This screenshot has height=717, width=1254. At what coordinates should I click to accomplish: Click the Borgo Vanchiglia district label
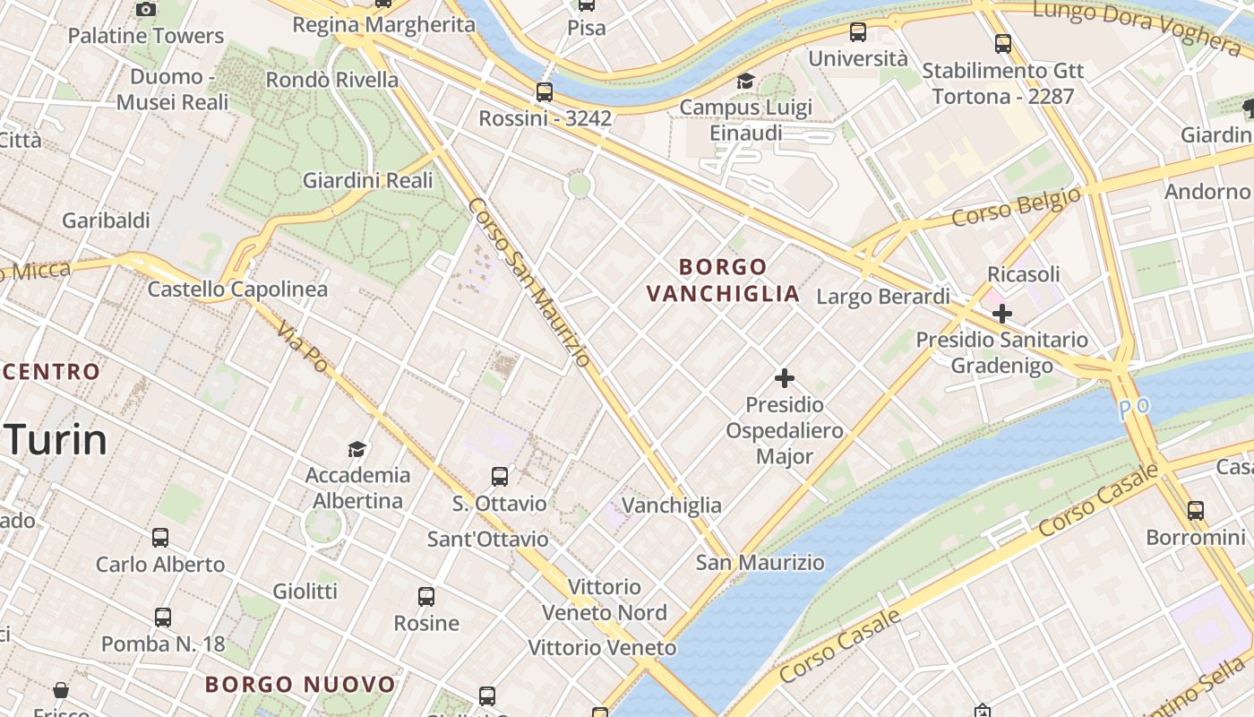(723, 280)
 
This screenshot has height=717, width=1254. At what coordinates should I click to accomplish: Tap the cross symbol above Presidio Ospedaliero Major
(785, 378)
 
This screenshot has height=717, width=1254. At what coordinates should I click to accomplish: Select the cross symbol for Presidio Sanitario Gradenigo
(1002, 314)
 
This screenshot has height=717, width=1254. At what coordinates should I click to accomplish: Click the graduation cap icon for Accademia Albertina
(357, 449)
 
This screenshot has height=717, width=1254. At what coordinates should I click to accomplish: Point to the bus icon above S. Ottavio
(500, 477)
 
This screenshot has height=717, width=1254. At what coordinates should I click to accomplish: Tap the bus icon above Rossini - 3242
(545, 91)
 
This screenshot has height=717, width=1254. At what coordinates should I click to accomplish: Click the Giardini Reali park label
(367, 180)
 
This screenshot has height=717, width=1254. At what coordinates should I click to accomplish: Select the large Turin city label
(56, 440)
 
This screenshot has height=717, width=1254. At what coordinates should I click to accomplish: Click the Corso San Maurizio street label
(528, 282)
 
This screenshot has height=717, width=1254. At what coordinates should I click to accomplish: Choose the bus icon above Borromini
(1196, 511)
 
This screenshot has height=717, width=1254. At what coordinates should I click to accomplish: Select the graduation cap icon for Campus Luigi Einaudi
(745, 82)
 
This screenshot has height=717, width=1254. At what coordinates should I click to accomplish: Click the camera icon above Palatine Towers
(146, 9)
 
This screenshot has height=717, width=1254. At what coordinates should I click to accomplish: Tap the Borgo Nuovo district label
(300, 685)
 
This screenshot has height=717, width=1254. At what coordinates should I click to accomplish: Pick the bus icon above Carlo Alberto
(160, 538)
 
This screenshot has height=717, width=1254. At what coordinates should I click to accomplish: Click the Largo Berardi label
(883, 297)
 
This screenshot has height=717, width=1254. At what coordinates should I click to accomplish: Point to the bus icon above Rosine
(426, 597)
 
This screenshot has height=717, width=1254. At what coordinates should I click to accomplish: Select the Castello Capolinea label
(237, 289)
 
